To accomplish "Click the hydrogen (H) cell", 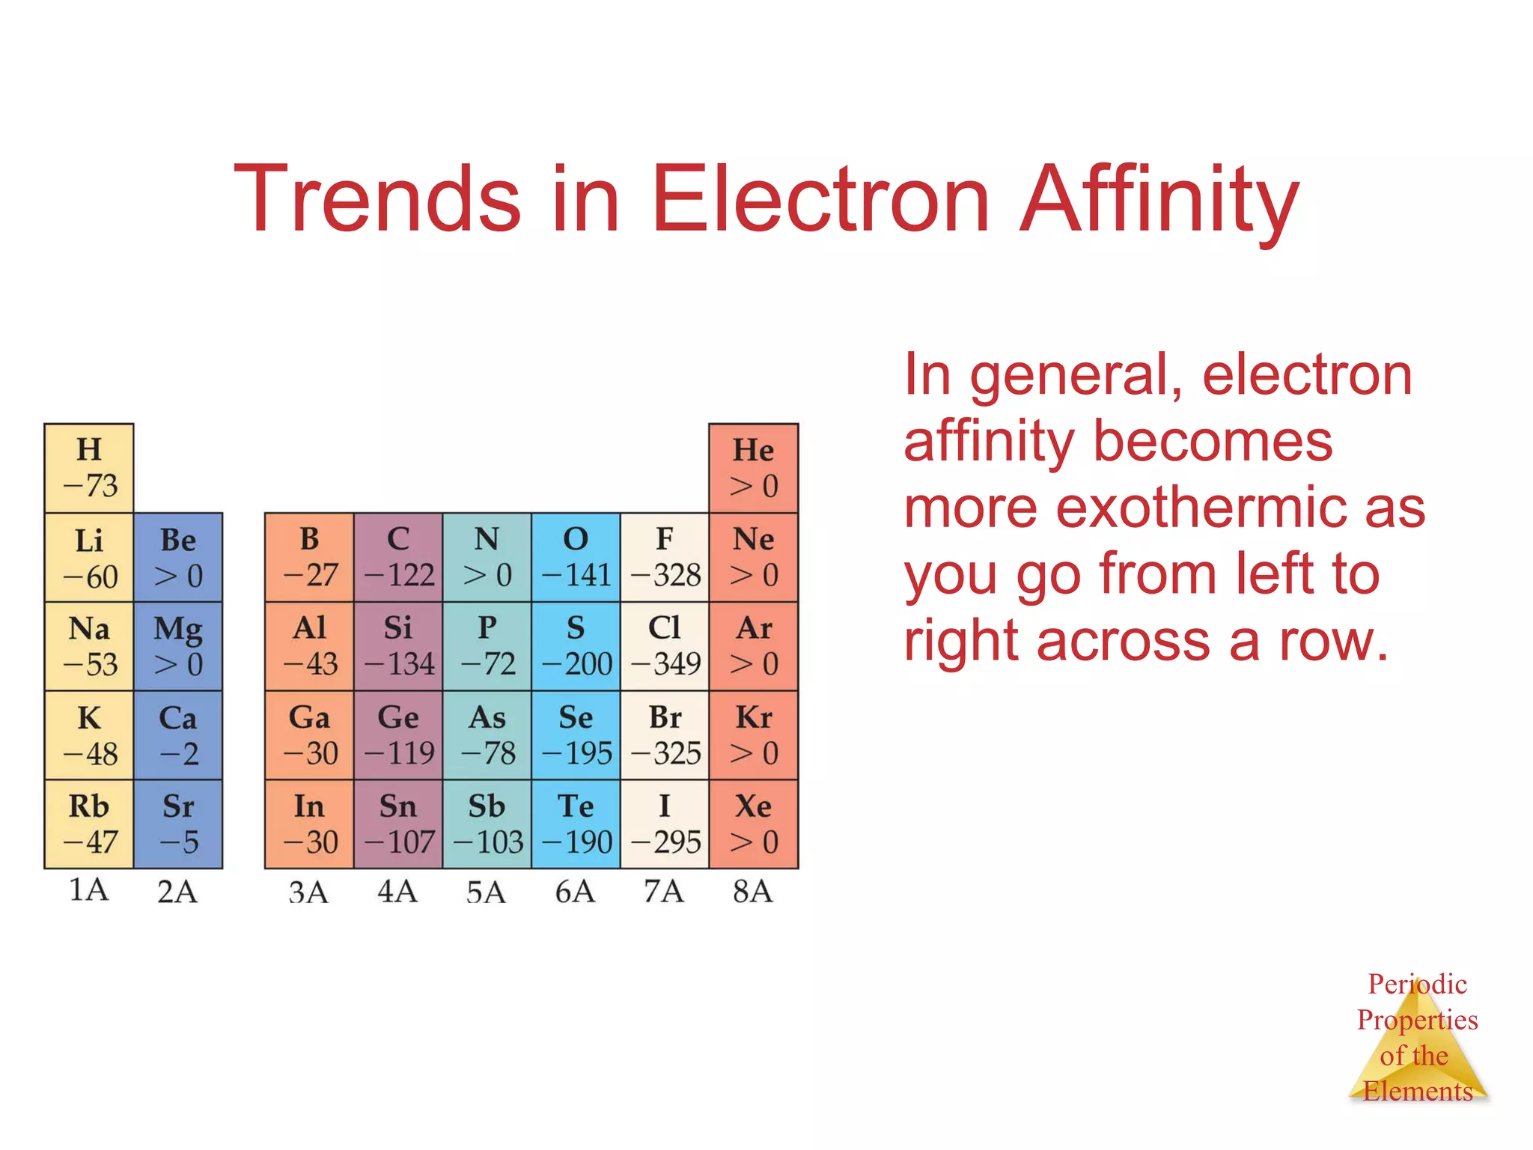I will tap(89, 468).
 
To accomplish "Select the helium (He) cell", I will tap(753, 468).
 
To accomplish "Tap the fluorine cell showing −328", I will tap(665, 557).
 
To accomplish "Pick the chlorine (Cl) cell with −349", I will tap(665, 646).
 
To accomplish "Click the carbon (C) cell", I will tap(398, 557).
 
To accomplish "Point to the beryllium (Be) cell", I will tap(178, 557).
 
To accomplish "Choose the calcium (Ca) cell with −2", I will tap(178, 735).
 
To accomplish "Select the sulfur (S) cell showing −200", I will tap(576, 646).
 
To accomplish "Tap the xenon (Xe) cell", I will tap(753, 824).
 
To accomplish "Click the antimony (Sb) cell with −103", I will tap(487, 824).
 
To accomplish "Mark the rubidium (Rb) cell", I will tap(89, 824).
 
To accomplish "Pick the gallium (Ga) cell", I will tap(309, 735).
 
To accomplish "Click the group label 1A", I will tap(89, 890).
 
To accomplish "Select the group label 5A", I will tap(487, 892).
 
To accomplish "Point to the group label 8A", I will tap(753, 892).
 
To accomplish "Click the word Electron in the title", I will tap(822, 199).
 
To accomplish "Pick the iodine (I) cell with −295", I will tap(665, 824).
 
